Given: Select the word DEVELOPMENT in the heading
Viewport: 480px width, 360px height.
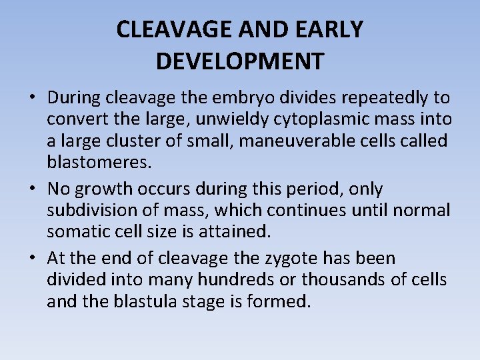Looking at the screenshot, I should point(240,61).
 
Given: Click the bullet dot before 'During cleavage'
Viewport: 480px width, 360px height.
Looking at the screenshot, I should point(32,99).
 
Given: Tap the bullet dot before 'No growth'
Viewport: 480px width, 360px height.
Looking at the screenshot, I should point(32,189).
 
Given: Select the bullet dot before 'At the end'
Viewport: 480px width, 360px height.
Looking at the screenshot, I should point(32,259).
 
